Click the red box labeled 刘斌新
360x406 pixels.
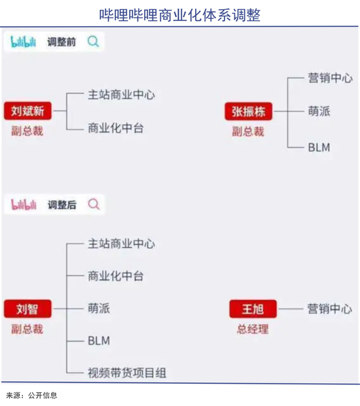coord(27,111)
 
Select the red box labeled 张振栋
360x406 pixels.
coord(248,111)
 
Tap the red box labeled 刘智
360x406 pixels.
coord(27,309)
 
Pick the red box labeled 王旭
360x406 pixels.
coord(253,309)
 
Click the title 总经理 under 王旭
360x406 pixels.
coord(253,329)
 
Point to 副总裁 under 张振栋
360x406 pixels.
coord(248,131)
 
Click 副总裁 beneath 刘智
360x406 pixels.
coord(27,329)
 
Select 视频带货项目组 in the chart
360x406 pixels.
coord(127,373)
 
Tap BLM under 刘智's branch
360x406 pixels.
coord(99,341)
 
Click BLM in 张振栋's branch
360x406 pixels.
coord(319,148)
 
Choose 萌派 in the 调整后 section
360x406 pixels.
coord(99,309)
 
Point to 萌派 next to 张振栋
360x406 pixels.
coord(319,111)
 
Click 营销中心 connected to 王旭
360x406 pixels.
coord(330,309)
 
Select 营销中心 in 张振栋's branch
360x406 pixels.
coord(330,78)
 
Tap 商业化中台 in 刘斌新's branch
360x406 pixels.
coord(116,128)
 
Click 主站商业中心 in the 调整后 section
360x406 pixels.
coord(121,244)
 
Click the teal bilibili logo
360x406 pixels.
coord(24,42)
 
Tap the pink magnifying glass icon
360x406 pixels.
coord(94,205)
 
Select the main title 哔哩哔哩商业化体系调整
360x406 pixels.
coord(180,15)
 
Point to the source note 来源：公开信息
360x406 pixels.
coord(31,396)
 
